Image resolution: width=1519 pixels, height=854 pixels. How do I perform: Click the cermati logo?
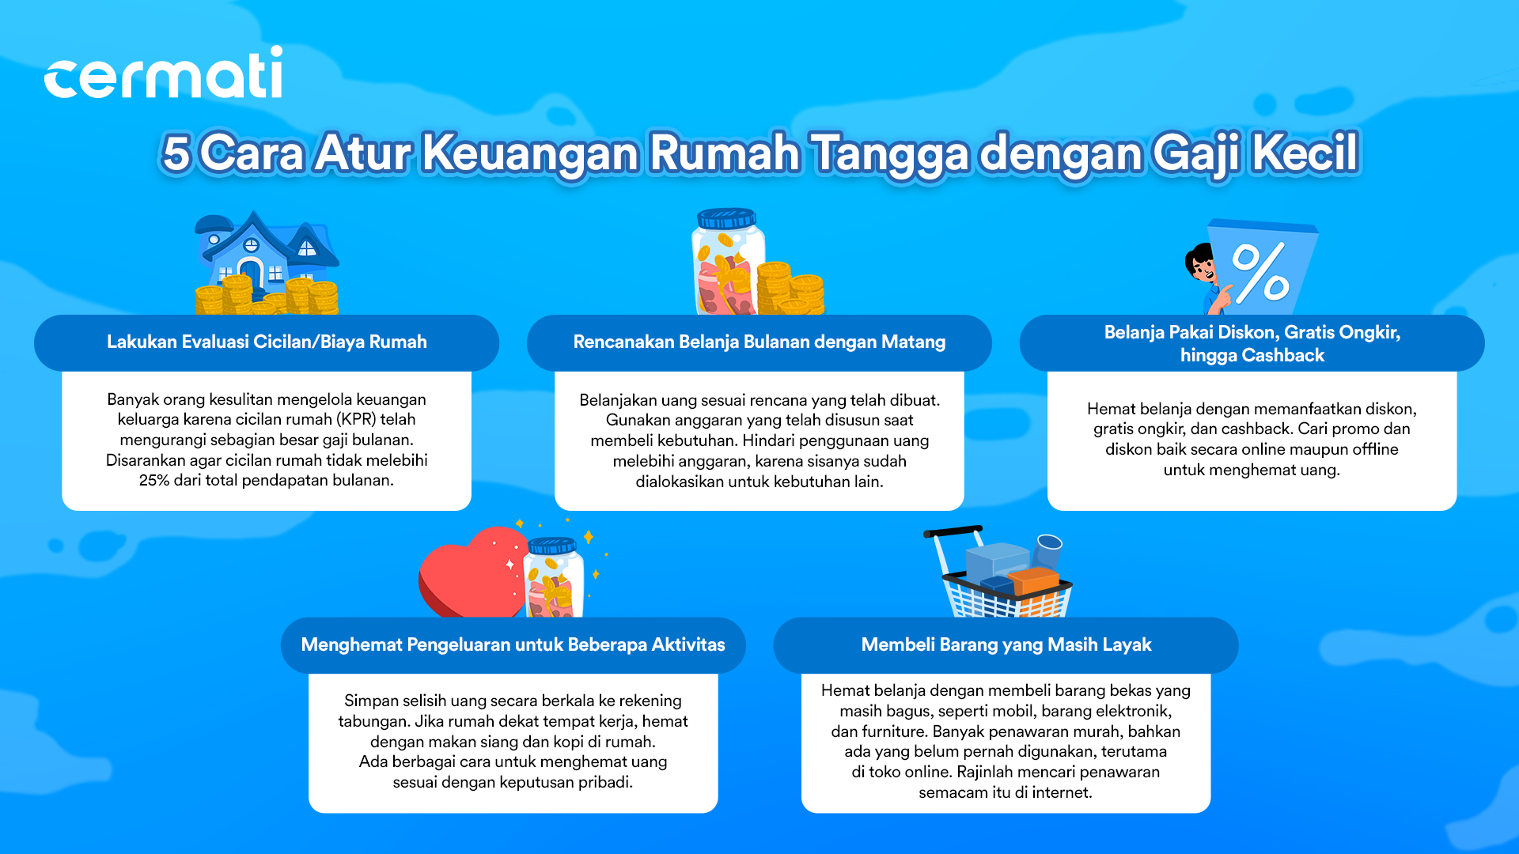(163, 73)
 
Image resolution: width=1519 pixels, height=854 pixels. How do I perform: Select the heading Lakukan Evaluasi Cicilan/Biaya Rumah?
(267, 342)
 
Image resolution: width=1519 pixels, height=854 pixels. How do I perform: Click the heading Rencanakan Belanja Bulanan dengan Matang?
(759, 342)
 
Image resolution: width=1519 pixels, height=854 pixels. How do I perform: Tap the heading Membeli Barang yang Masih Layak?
(1006, 644)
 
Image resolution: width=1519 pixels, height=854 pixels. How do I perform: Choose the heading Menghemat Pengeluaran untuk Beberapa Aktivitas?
(513, 644)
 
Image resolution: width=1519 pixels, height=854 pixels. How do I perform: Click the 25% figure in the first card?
(154, 480)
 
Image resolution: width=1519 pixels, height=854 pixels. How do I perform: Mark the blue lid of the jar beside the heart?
(552, 546)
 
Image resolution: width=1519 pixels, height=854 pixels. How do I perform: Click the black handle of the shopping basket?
(953, 531)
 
